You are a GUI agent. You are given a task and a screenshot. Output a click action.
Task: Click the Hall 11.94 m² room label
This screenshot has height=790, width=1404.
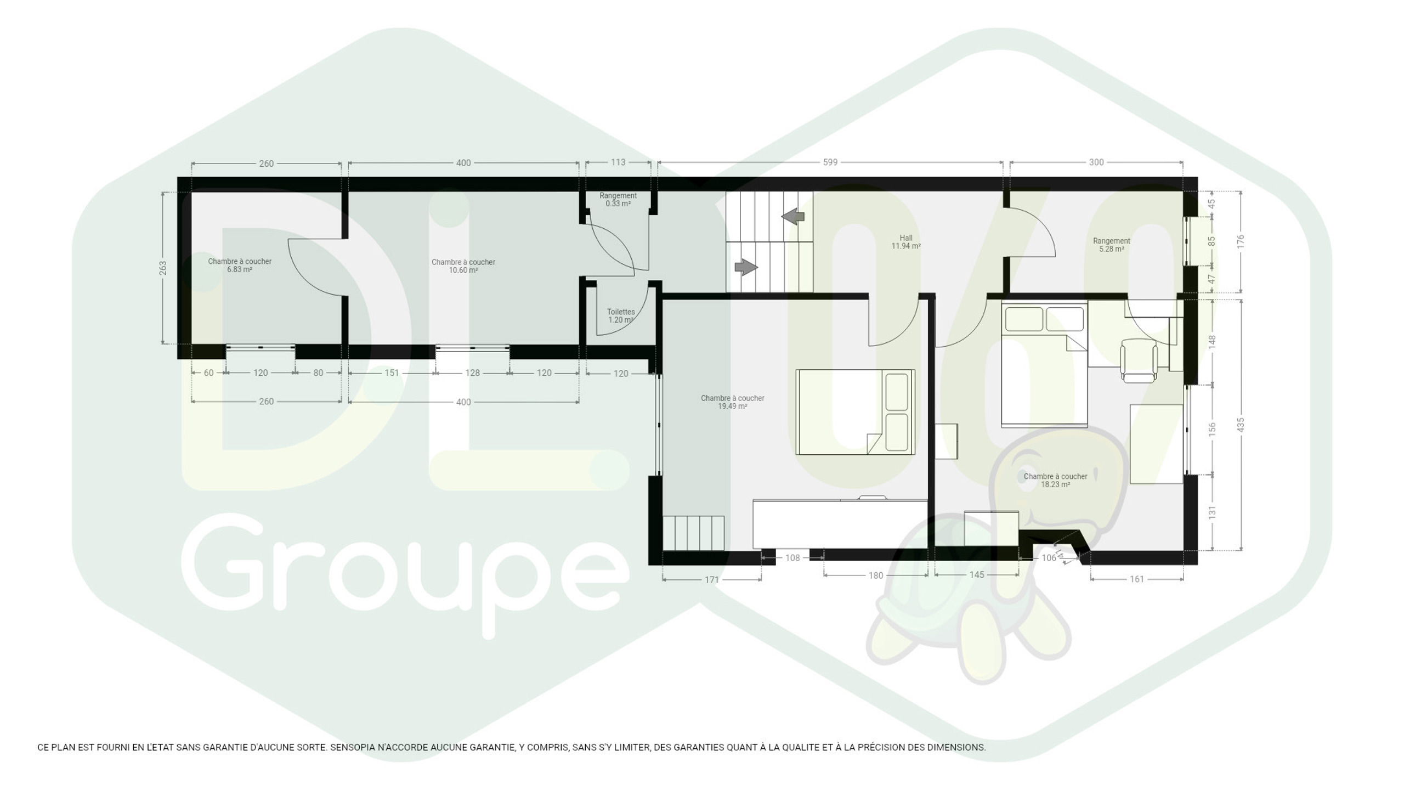(906, 242)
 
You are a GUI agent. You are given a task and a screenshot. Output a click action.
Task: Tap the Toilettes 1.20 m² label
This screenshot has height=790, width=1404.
(621, 316)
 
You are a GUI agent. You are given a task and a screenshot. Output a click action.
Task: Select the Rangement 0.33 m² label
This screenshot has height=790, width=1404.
(618, 200)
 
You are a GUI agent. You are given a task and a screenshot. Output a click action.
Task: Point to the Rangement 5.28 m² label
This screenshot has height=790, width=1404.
(1112, 245)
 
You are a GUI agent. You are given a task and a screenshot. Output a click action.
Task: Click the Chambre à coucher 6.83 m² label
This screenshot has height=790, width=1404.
(240, 266)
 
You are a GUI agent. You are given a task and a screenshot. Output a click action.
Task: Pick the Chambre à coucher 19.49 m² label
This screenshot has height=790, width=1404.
(733, 402)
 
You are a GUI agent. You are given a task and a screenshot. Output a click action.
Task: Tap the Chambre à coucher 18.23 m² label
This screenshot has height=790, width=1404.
(1056, 481)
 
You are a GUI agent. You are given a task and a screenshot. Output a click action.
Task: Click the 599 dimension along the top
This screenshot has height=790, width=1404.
(830, 162)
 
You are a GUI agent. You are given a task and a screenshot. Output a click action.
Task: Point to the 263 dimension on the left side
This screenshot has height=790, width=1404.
(163, 268)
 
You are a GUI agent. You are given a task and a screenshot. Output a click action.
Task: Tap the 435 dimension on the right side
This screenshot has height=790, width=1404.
(1241, 425)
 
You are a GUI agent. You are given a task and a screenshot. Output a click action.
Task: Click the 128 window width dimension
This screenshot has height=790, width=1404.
(472, 373)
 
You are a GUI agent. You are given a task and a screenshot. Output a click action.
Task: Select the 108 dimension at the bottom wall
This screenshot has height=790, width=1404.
(792, 558)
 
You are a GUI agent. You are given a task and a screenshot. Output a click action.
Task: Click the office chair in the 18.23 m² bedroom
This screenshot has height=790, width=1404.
(1139, 360)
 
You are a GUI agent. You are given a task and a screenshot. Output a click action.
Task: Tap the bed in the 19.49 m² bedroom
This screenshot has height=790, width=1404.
(855, 412)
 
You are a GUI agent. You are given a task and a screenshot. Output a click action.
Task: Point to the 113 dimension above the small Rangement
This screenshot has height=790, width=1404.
(618, 162)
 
